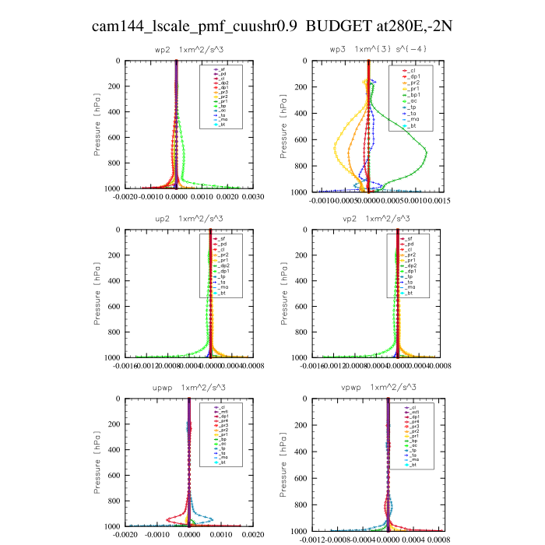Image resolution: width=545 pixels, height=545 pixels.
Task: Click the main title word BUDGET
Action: pyautogui.click(x=341, y=26)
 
